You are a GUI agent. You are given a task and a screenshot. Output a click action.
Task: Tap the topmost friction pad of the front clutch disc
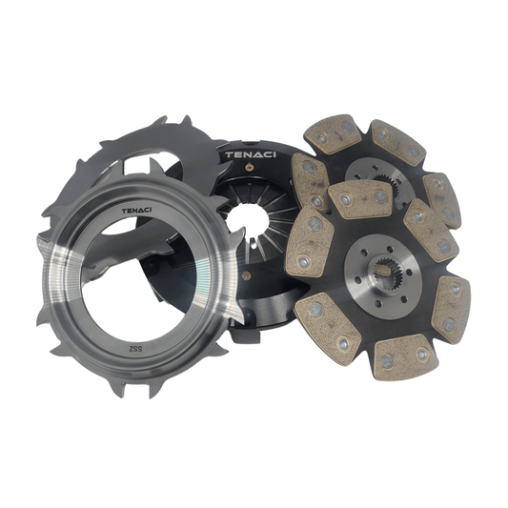[360, 198]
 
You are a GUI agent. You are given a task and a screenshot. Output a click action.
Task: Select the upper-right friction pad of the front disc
[429, 232]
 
